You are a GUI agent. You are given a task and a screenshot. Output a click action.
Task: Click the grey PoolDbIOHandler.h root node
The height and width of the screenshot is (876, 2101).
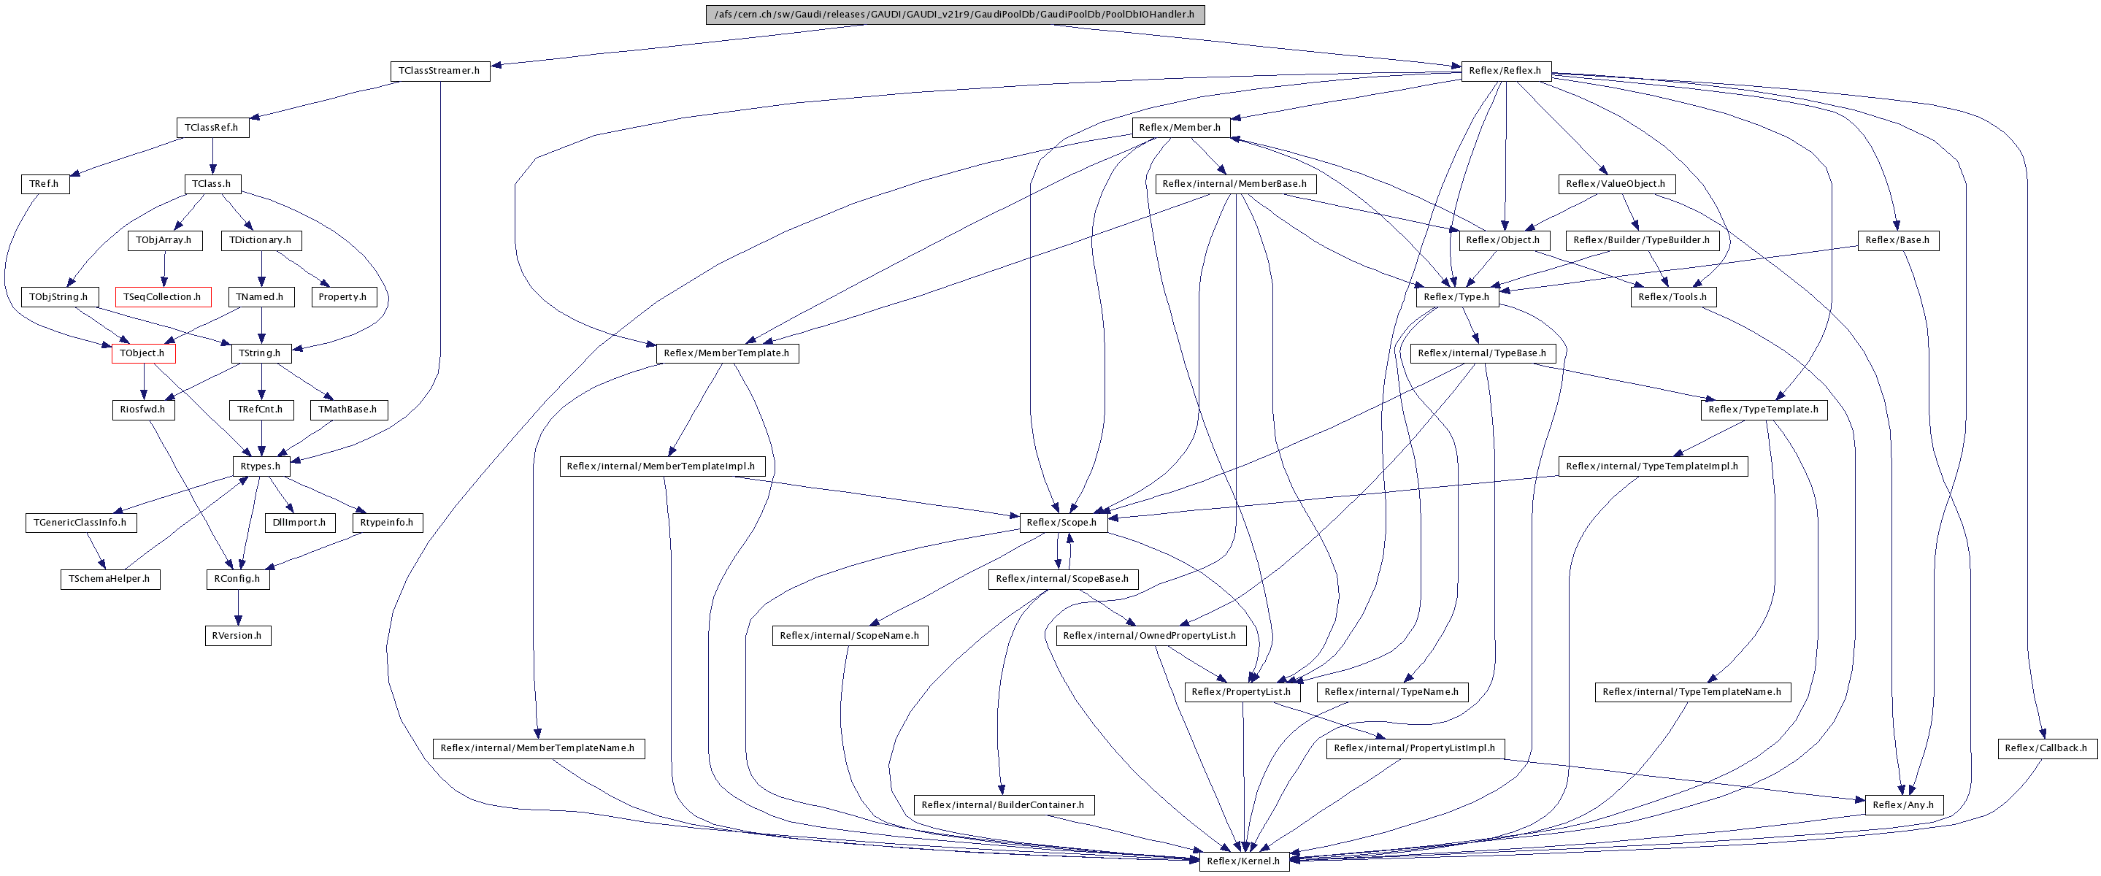[954, 14]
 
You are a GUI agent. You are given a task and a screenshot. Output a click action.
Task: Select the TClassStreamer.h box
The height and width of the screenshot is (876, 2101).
[439, 71]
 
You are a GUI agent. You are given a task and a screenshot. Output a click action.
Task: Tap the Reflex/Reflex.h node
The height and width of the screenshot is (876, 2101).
[1505, 71]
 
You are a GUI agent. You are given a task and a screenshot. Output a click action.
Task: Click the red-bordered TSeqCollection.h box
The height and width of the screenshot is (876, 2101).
[162, 297]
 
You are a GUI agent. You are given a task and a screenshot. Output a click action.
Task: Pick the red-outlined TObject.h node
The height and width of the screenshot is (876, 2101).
[143, 353]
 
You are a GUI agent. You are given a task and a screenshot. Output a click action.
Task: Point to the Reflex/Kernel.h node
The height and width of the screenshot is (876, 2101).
[1243, 861]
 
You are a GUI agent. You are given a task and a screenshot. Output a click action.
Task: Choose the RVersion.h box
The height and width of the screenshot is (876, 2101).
[237, 635]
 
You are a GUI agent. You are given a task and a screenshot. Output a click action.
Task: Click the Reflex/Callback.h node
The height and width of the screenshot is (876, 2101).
[2046, 748]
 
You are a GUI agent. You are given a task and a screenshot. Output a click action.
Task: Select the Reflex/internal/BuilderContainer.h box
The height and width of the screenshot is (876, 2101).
[1002, 805]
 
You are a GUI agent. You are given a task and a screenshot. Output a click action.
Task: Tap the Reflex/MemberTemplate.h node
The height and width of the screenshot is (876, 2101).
[726, 353]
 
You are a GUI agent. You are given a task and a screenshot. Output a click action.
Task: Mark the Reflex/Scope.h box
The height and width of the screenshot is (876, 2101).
[1062, 522]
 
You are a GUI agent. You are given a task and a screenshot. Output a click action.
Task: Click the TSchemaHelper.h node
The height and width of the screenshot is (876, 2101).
[110, 579]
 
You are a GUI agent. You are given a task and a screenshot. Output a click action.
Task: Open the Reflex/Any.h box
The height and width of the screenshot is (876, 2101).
[1903, 805]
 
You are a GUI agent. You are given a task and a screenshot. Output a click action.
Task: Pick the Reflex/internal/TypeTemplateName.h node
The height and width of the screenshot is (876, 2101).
[1691, 691]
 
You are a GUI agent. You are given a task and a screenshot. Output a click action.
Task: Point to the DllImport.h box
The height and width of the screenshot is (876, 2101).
[299, 522]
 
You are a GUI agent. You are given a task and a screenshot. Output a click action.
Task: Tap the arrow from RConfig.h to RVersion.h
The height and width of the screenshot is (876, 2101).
[237, 607]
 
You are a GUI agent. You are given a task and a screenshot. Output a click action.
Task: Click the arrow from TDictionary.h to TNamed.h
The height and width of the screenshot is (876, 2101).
[261, 269]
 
